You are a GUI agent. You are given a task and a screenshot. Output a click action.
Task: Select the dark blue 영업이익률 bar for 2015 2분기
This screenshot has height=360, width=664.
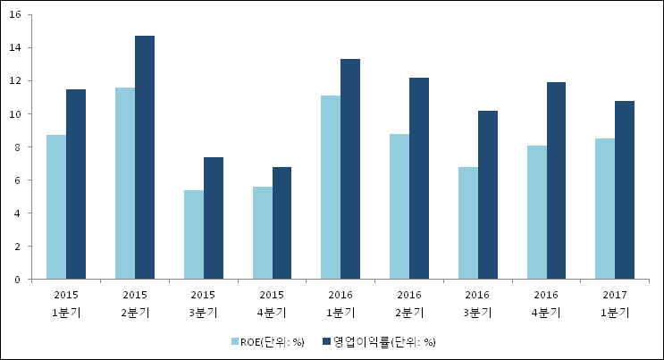(145, 157)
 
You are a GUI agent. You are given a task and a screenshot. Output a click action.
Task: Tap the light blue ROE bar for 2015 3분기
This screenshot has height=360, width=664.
(193, 235)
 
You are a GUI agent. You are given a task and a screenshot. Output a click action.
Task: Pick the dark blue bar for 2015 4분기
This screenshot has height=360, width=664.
(282, 223)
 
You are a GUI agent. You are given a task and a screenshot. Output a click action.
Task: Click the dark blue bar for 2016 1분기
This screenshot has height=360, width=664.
(350, 169)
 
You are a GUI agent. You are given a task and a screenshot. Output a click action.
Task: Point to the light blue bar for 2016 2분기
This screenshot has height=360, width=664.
(399, 206)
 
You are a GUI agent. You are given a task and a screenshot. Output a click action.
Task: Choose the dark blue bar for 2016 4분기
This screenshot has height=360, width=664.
(557, 180)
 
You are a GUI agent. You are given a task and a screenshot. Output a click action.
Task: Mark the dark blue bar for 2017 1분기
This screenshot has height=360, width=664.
(625, 190)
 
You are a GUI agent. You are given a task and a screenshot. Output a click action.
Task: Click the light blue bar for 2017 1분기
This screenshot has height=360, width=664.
(605, 209)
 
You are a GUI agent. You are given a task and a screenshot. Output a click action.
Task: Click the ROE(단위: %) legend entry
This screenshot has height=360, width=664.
(266, 341)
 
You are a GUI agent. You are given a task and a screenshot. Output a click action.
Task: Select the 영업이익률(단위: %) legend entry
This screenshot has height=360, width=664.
(383, 341)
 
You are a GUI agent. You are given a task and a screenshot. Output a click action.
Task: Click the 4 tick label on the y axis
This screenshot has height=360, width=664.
(21, 213)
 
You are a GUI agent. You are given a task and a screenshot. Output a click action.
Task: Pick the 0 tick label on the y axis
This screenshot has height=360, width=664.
(21, 280)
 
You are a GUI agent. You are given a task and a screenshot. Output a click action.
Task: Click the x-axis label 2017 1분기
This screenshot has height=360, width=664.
(615, 303)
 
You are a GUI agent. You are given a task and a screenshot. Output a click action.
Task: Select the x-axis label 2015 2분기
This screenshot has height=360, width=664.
(134, 303)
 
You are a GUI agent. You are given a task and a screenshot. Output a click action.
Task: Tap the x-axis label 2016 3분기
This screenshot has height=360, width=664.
(477, 303)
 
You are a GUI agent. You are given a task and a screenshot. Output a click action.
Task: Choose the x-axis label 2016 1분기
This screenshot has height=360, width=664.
(340, 303)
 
